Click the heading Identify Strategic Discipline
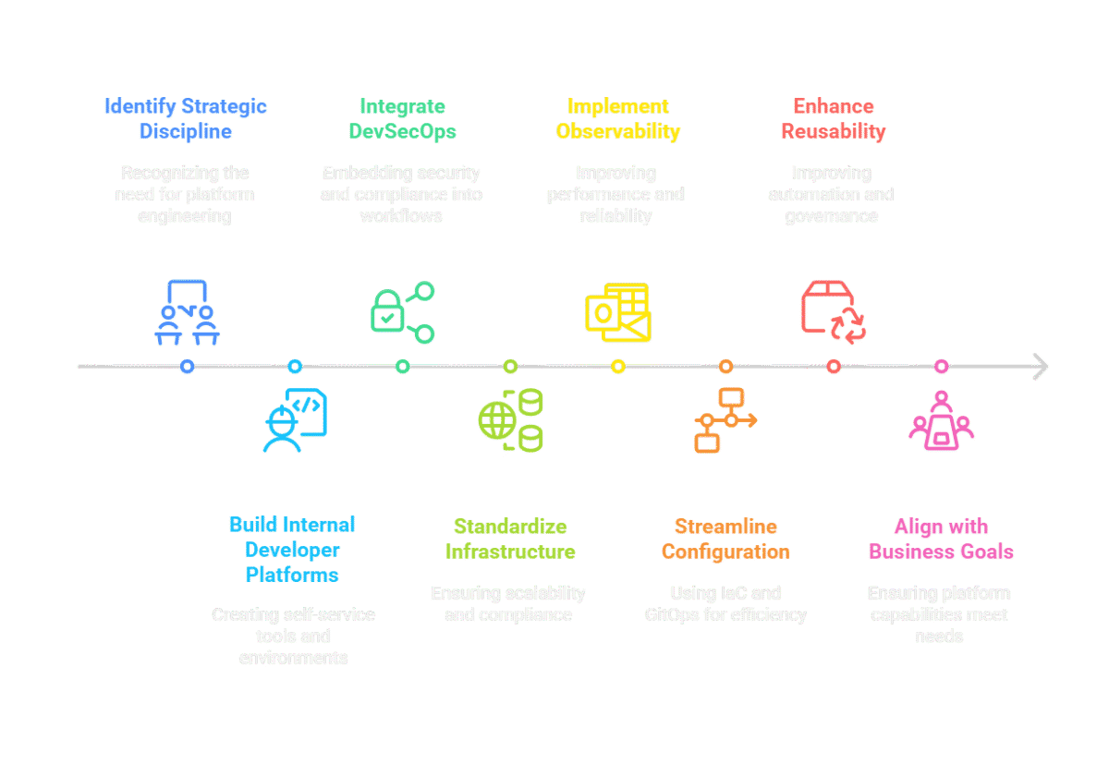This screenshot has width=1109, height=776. (x=186, y=119)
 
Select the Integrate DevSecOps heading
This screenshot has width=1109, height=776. (x=402, y=119)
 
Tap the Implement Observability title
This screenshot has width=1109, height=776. (x=617, y=119)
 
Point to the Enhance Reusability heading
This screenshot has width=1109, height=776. (x=833, y=119)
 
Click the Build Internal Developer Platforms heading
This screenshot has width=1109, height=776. (x=293, y=550)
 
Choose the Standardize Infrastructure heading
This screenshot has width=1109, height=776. (x=509, y=540)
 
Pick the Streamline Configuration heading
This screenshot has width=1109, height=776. (x=725, y=540)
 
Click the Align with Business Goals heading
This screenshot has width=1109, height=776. (x=941, y=540)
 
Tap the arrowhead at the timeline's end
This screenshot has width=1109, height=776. (x=1041, y=367)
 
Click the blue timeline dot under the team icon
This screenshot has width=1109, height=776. (x=188, y=367)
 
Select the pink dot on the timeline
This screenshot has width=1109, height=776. (x=941, y=367)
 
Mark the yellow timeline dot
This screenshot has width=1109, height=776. (x=618, y=367)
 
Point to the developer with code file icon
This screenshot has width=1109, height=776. (x=294, y=420)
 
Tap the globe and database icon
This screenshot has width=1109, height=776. (x=510, y=421)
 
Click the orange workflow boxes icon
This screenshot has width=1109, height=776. (x=725, y=420)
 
